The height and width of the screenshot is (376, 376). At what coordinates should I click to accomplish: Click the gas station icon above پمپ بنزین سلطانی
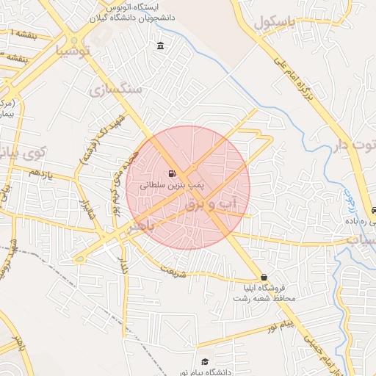[x=171, y=174]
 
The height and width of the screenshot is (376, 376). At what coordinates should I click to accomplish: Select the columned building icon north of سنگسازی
[x=160, y=47]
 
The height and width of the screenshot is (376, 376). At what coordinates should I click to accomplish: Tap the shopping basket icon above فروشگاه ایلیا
[x=264, y=277]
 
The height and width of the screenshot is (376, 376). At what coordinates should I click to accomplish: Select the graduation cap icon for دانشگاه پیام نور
[x=205, y=362]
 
